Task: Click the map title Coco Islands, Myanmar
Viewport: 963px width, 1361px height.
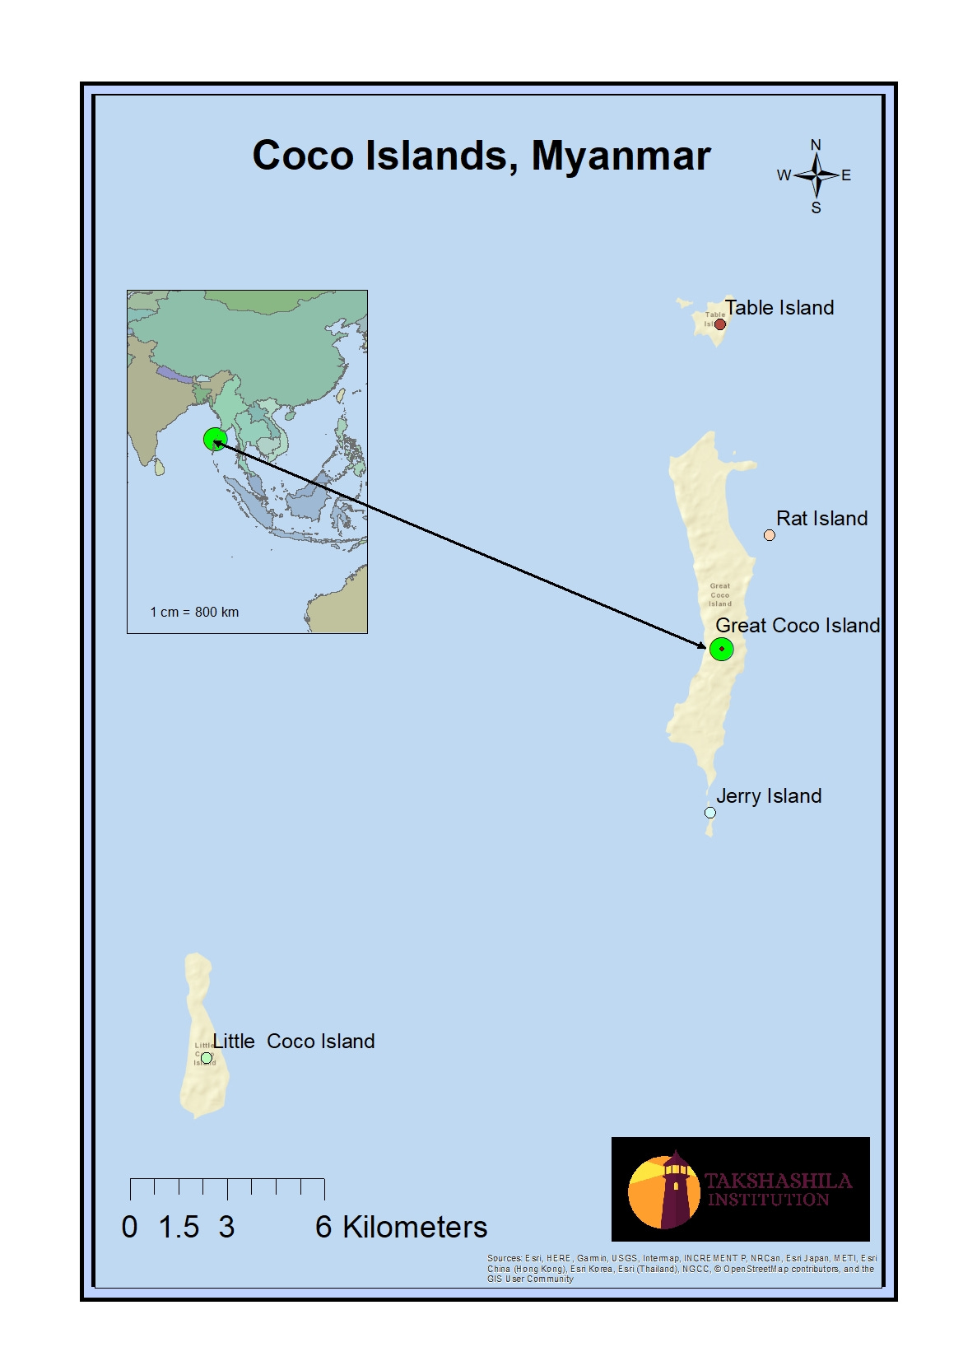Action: (481, 156)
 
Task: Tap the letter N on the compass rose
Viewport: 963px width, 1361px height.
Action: (816, 145)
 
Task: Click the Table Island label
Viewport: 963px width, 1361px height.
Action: (779, 307)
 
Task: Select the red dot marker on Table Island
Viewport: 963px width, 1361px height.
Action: (720, 324)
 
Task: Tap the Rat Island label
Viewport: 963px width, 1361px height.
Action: (821, 518)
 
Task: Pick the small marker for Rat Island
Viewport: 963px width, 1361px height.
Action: (770, 535)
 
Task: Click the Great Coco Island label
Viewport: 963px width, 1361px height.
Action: (797, 625)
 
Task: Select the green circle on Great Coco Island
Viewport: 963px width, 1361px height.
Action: (722, 649)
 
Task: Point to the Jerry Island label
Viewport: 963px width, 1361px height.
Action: (768, 795)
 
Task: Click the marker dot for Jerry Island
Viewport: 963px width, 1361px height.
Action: (710, 813)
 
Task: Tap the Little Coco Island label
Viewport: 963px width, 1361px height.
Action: (294, 1041)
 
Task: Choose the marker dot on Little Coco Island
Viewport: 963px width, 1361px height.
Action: (207, 1058)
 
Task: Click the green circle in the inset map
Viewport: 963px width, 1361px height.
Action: (215, 440)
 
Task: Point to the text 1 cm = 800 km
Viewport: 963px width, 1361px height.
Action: (194, 612)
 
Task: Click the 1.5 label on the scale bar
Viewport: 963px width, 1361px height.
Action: (179, 1227)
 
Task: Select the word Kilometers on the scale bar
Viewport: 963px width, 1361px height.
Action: (415, 1227)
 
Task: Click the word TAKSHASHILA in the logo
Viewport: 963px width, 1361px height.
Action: (778, 1181)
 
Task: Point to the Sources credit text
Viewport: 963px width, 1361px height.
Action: (682, 1268)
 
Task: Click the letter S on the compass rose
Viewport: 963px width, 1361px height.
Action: (816, 207)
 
